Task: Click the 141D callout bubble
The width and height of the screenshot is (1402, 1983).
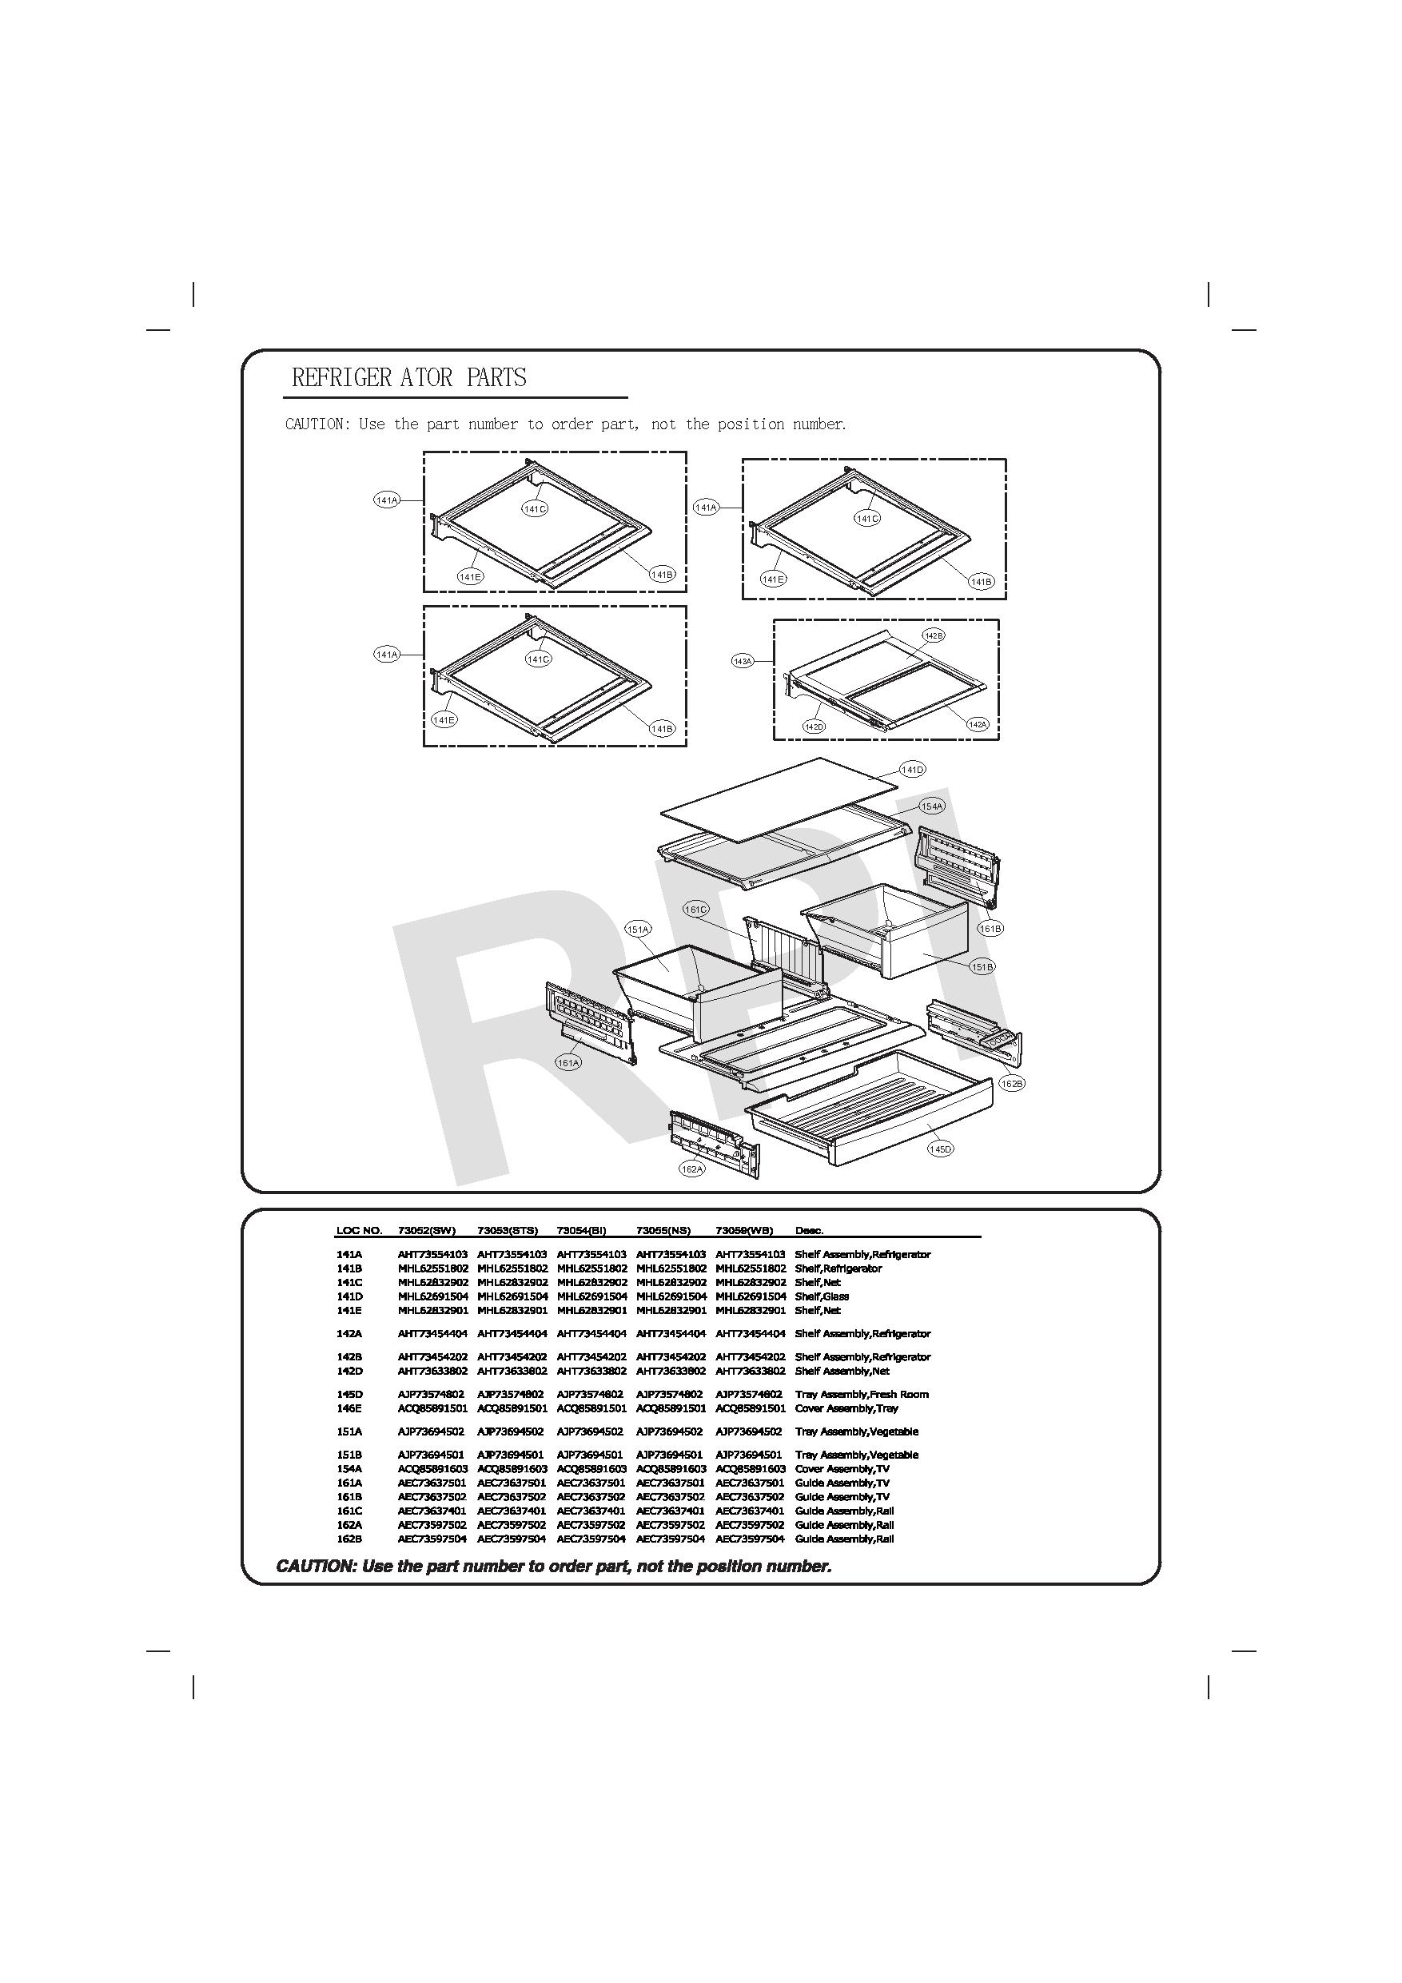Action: point(912,769)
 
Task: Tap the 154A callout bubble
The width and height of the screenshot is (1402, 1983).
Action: point(932,806)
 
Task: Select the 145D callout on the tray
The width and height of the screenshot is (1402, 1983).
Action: point(940,1149)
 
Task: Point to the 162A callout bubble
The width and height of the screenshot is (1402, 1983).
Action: point(692,1169)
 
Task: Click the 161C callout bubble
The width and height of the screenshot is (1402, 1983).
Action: point(695,910)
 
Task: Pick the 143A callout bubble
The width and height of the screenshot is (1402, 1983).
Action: point(743,661)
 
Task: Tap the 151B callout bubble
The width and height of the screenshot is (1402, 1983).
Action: point(982,967)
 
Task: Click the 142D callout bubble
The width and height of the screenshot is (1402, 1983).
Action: point(814,727)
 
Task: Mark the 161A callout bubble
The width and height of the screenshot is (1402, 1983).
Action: point(568,1063)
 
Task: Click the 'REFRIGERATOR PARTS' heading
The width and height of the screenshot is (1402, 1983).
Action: point(408,377)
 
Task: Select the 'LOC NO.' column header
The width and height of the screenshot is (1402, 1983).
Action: point(358,1231)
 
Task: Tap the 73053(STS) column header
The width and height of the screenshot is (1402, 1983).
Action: point(507,1231)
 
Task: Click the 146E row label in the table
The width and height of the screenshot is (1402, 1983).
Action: point(349,1408)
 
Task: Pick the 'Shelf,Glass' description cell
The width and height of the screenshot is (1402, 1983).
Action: point(822,1296)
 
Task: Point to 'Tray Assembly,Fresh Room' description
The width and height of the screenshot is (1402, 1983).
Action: point(861,1395)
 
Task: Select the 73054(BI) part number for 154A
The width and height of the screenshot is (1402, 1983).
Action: point(591,1469)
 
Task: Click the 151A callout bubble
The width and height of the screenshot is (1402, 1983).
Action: point(638,930)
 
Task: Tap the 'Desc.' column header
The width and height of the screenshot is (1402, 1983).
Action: point(809,1231)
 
